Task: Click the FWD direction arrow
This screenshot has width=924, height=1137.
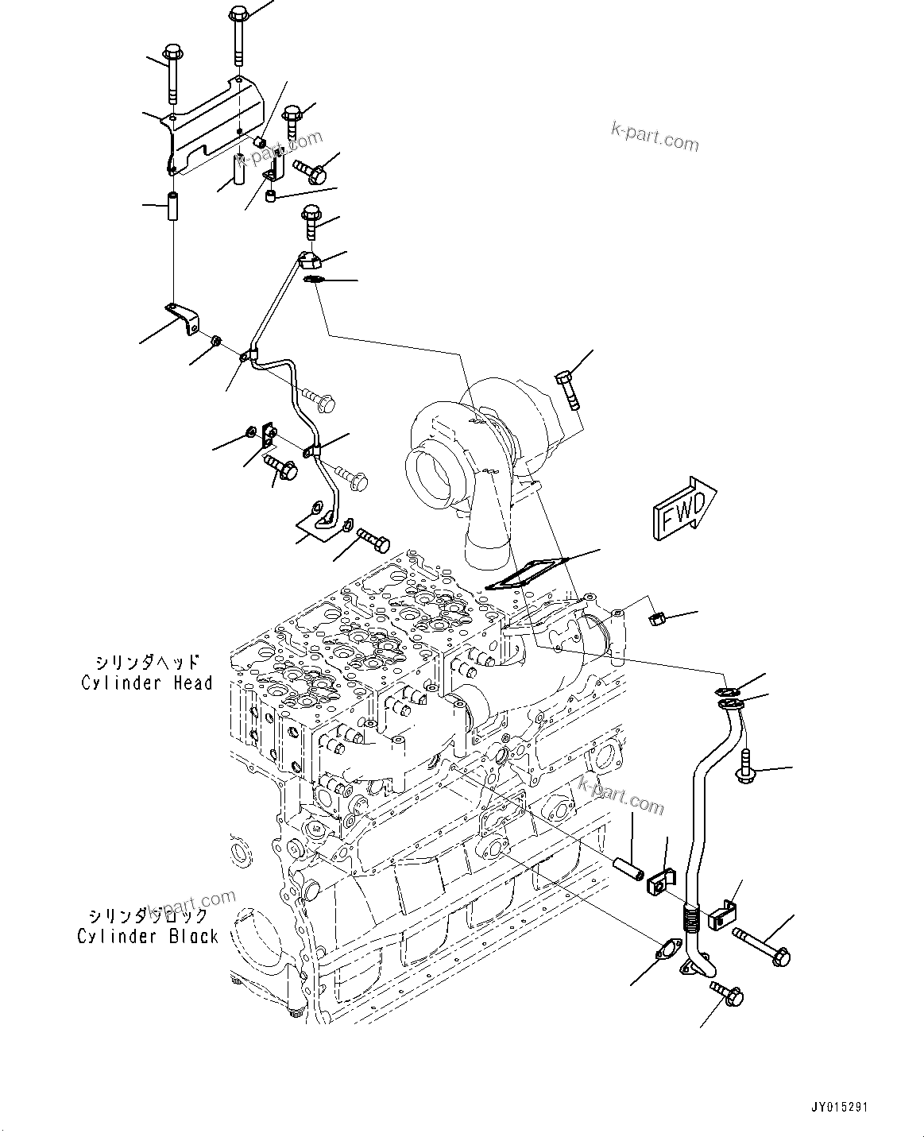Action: [684, 509]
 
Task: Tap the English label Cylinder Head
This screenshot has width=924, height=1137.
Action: [147, 683]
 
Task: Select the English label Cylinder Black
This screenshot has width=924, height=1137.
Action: [147, 936]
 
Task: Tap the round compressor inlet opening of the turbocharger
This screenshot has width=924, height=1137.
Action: [430, 478]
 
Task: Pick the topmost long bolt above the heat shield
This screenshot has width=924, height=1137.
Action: [239, 36]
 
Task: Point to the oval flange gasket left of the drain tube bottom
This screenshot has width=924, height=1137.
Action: [665, 950]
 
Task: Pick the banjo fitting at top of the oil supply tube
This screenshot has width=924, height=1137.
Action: [309, 260]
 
